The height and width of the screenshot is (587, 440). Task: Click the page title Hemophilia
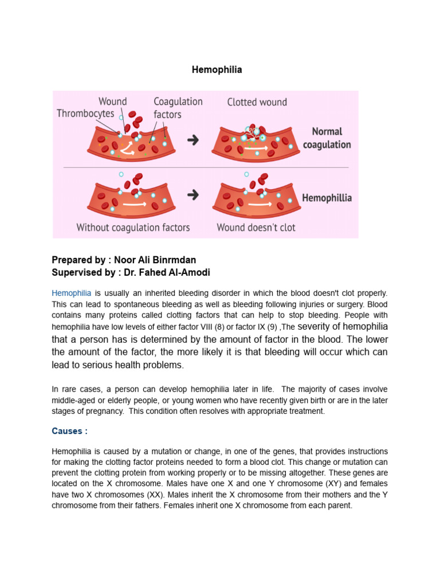coord(217,69)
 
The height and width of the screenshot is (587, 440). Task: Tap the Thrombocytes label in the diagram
coord(85,114)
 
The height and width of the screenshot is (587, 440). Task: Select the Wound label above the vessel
coord(112,101)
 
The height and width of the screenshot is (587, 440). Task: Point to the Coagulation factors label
coord(178,108)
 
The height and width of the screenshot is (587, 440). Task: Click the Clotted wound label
coord(257,102)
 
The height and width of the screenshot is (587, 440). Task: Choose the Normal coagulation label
coord(327,138)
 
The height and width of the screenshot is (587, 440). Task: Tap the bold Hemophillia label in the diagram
coord(327,198)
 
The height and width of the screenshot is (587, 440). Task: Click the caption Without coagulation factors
coord(133,228)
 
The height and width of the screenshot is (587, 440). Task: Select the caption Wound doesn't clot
coord(256,228)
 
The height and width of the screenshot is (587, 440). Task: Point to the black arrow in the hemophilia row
coord(193,195)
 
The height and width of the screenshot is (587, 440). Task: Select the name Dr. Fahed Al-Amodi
coord(164,272)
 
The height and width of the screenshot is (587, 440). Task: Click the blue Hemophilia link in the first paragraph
coord(71,293)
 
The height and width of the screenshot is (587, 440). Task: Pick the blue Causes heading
coord(66,431)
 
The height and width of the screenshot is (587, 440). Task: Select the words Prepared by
coord(75,260)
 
